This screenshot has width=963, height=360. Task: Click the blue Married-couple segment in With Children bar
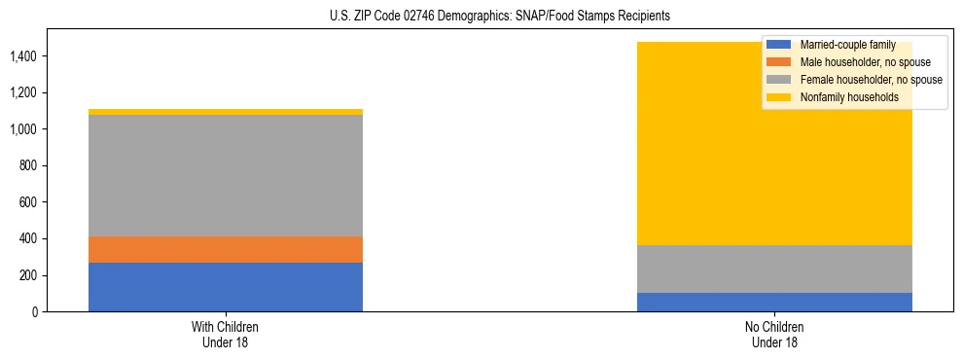click(x=226, y=287)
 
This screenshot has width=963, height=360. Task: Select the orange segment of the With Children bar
click(x=226, y=249)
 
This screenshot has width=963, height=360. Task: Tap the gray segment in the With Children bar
click(x=226, y=175)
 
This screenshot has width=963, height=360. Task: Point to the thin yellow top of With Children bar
click(x=226, y=112)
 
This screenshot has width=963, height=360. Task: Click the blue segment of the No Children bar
click(x=774, y=302)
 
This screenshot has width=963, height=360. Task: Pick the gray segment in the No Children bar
click(x=774, y=269)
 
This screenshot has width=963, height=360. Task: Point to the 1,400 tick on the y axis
click(x=22, y=56)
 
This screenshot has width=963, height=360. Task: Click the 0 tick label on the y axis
click(x=34, y=312)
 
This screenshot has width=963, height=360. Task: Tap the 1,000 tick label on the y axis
click(x=22, y=129)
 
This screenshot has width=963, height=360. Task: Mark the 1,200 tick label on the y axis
click(x=22, y=93)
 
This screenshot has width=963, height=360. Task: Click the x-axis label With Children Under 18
click(x=226, y=335)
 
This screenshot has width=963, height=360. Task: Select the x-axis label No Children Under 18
click(x=774, y=335)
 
